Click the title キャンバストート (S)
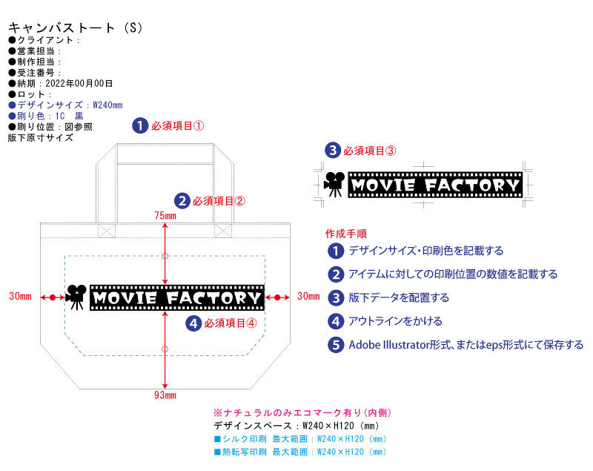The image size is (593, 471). click(74, 27)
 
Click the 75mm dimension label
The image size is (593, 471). click(165, 216)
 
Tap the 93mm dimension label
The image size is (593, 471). click(165, 395)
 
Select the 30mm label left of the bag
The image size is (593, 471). click(20, 297)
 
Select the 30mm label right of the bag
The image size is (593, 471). click(308, 297)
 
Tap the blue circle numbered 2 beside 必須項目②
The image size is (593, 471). click(182, 200)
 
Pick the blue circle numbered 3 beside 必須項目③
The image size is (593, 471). click(334, 150)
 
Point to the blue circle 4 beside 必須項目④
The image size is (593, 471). click(193, 323)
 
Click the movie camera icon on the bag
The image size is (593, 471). click(76, 297)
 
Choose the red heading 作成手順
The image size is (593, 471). click(346, 233)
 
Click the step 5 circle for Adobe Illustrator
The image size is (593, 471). click(337, 345)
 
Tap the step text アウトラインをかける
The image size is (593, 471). click(395, 321)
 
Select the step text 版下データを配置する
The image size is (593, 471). click(399, 297)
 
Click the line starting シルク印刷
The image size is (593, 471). click(300, 439)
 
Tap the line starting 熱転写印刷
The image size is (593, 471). click(300, 451)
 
